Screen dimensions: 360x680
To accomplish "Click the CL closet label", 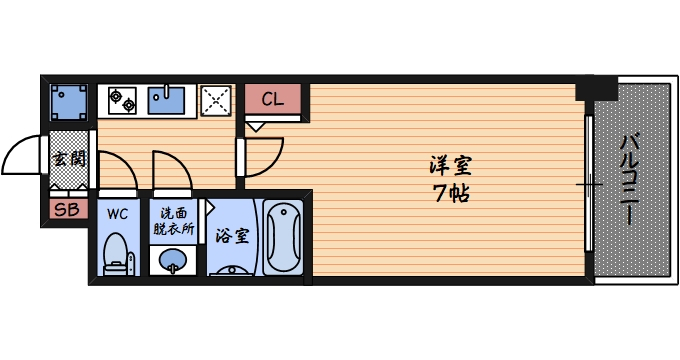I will [x=272, y=98].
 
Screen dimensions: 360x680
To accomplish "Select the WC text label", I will [x=118, y=213].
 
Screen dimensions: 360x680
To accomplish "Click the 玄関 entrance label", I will [x=68, y=159].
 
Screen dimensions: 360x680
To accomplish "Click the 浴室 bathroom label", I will [x=233, y=236].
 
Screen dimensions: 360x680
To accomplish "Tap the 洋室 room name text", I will [x=451, y=165].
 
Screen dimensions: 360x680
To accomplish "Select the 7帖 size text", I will [x=451, y=191].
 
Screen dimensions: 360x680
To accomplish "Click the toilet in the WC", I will [x=118, y=254].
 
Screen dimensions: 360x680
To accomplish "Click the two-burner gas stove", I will [x=122, y=98].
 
